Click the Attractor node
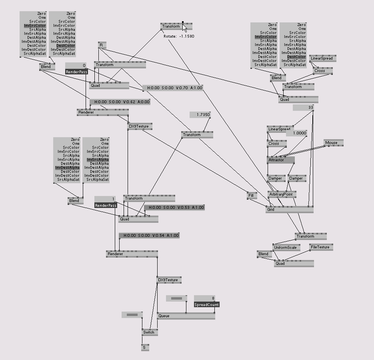[280, 160]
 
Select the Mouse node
[333, 143]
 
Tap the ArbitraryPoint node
[282, 194]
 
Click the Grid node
[289, 209]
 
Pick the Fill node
[252, 196]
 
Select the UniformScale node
[286, 248]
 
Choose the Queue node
[186, 316]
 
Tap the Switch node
[149, 332]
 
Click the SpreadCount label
[206, 305]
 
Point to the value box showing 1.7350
[200, 115]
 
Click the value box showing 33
[303, 108]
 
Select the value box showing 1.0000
[296, 133]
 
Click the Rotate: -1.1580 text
[179, 36]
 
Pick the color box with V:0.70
[172, 88]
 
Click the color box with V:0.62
[120, 102]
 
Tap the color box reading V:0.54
[149, 236]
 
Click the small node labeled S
[145, 348]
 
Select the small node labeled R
[102, 45]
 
